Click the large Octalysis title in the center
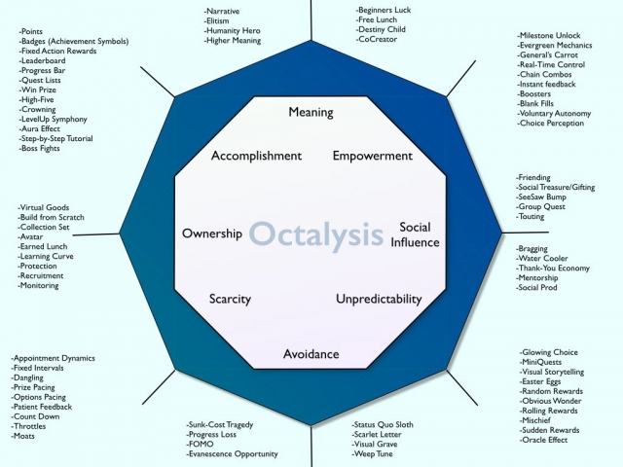(316, 235)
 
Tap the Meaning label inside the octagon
(311, 113)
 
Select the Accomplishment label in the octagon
(256, 156)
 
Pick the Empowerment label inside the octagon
(373, 156)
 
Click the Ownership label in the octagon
(212, 233)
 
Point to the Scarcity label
(230, 299)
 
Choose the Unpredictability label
(379, 299)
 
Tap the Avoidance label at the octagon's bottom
(311, 354)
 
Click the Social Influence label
(415, 234)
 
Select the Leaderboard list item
(42, 60)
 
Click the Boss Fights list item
(39, 149)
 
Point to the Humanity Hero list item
(233, 30)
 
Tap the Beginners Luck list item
(384, 10)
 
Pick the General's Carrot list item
(547, 54)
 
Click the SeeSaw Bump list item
(541, 197)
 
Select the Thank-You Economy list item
(553, 269)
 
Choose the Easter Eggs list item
(540, 381)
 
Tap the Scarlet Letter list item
(377, 435)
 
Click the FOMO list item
(200, 444)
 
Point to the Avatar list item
(30, 236)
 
